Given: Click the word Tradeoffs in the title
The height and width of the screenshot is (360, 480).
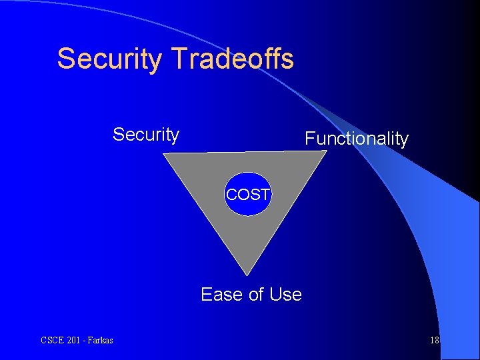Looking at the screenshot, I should tap(232, 59).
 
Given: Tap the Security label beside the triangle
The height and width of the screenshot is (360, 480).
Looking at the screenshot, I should tap(145, 135).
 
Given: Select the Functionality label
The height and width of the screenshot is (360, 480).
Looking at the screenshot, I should tap(356, 139).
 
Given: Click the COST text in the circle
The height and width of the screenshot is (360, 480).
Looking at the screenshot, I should tap(248, 195).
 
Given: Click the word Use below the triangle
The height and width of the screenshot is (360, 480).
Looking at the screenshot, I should tap(286, 294).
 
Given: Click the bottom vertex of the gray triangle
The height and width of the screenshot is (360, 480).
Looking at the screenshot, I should tap(247, 274).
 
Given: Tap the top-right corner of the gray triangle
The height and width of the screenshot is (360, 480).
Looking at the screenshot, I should tap(326, 151).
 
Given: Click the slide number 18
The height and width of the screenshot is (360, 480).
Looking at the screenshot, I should tap(434, 340).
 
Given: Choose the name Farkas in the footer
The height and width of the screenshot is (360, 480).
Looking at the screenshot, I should tap(100, 340).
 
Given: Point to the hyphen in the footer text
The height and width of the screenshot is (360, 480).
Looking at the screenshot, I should tap(85, 341).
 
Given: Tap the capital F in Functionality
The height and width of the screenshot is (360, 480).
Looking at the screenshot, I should tap(309, 139).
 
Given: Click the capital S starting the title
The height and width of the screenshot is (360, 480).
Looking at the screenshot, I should tap(65, 59).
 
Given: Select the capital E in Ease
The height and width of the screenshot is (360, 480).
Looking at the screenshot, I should tap(207, 294).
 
